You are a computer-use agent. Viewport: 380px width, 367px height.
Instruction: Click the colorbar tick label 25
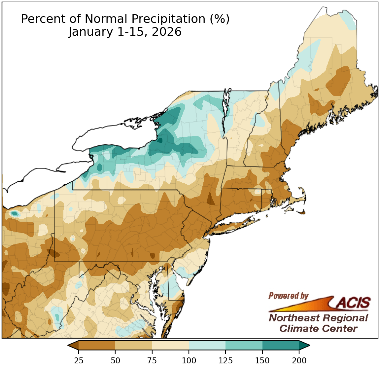(x=79, y=360)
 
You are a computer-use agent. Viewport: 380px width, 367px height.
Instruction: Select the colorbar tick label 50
(x=115, y=360)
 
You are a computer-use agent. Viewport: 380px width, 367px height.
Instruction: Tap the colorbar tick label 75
(x=152, y=360)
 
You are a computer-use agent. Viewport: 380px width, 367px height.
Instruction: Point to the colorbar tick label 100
(x=189, y=360)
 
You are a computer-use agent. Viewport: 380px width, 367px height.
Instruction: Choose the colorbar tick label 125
(x=226, y=360)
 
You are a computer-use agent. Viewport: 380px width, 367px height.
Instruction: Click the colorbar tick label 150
(x=262, y=360)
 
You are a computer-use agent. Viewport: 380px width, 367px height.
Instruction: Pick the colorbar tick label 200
(x=299, y=360)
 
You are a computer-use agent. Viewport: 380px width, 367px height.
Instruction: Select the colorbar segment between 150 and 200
(x=281, y=346)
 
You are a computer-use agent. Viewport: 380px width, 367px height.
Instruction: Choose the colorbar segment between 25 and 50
(x=97, y=346)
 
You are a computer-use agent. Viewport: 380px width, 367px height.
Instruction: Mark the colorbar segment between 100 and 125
(x=207, y=346)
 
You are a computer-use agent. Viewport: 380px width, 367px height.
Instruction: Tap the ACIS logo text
(x=353, y=302)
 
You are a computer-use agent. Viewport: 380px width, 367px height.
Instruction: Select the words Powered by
(x=288, y=296)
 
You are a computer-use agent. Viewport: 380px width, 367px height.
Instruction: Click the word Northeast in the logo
(x=294, y=318)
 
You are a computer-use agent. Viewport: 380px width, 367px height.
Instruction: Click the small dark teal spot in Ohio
(x=14, y=214)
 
